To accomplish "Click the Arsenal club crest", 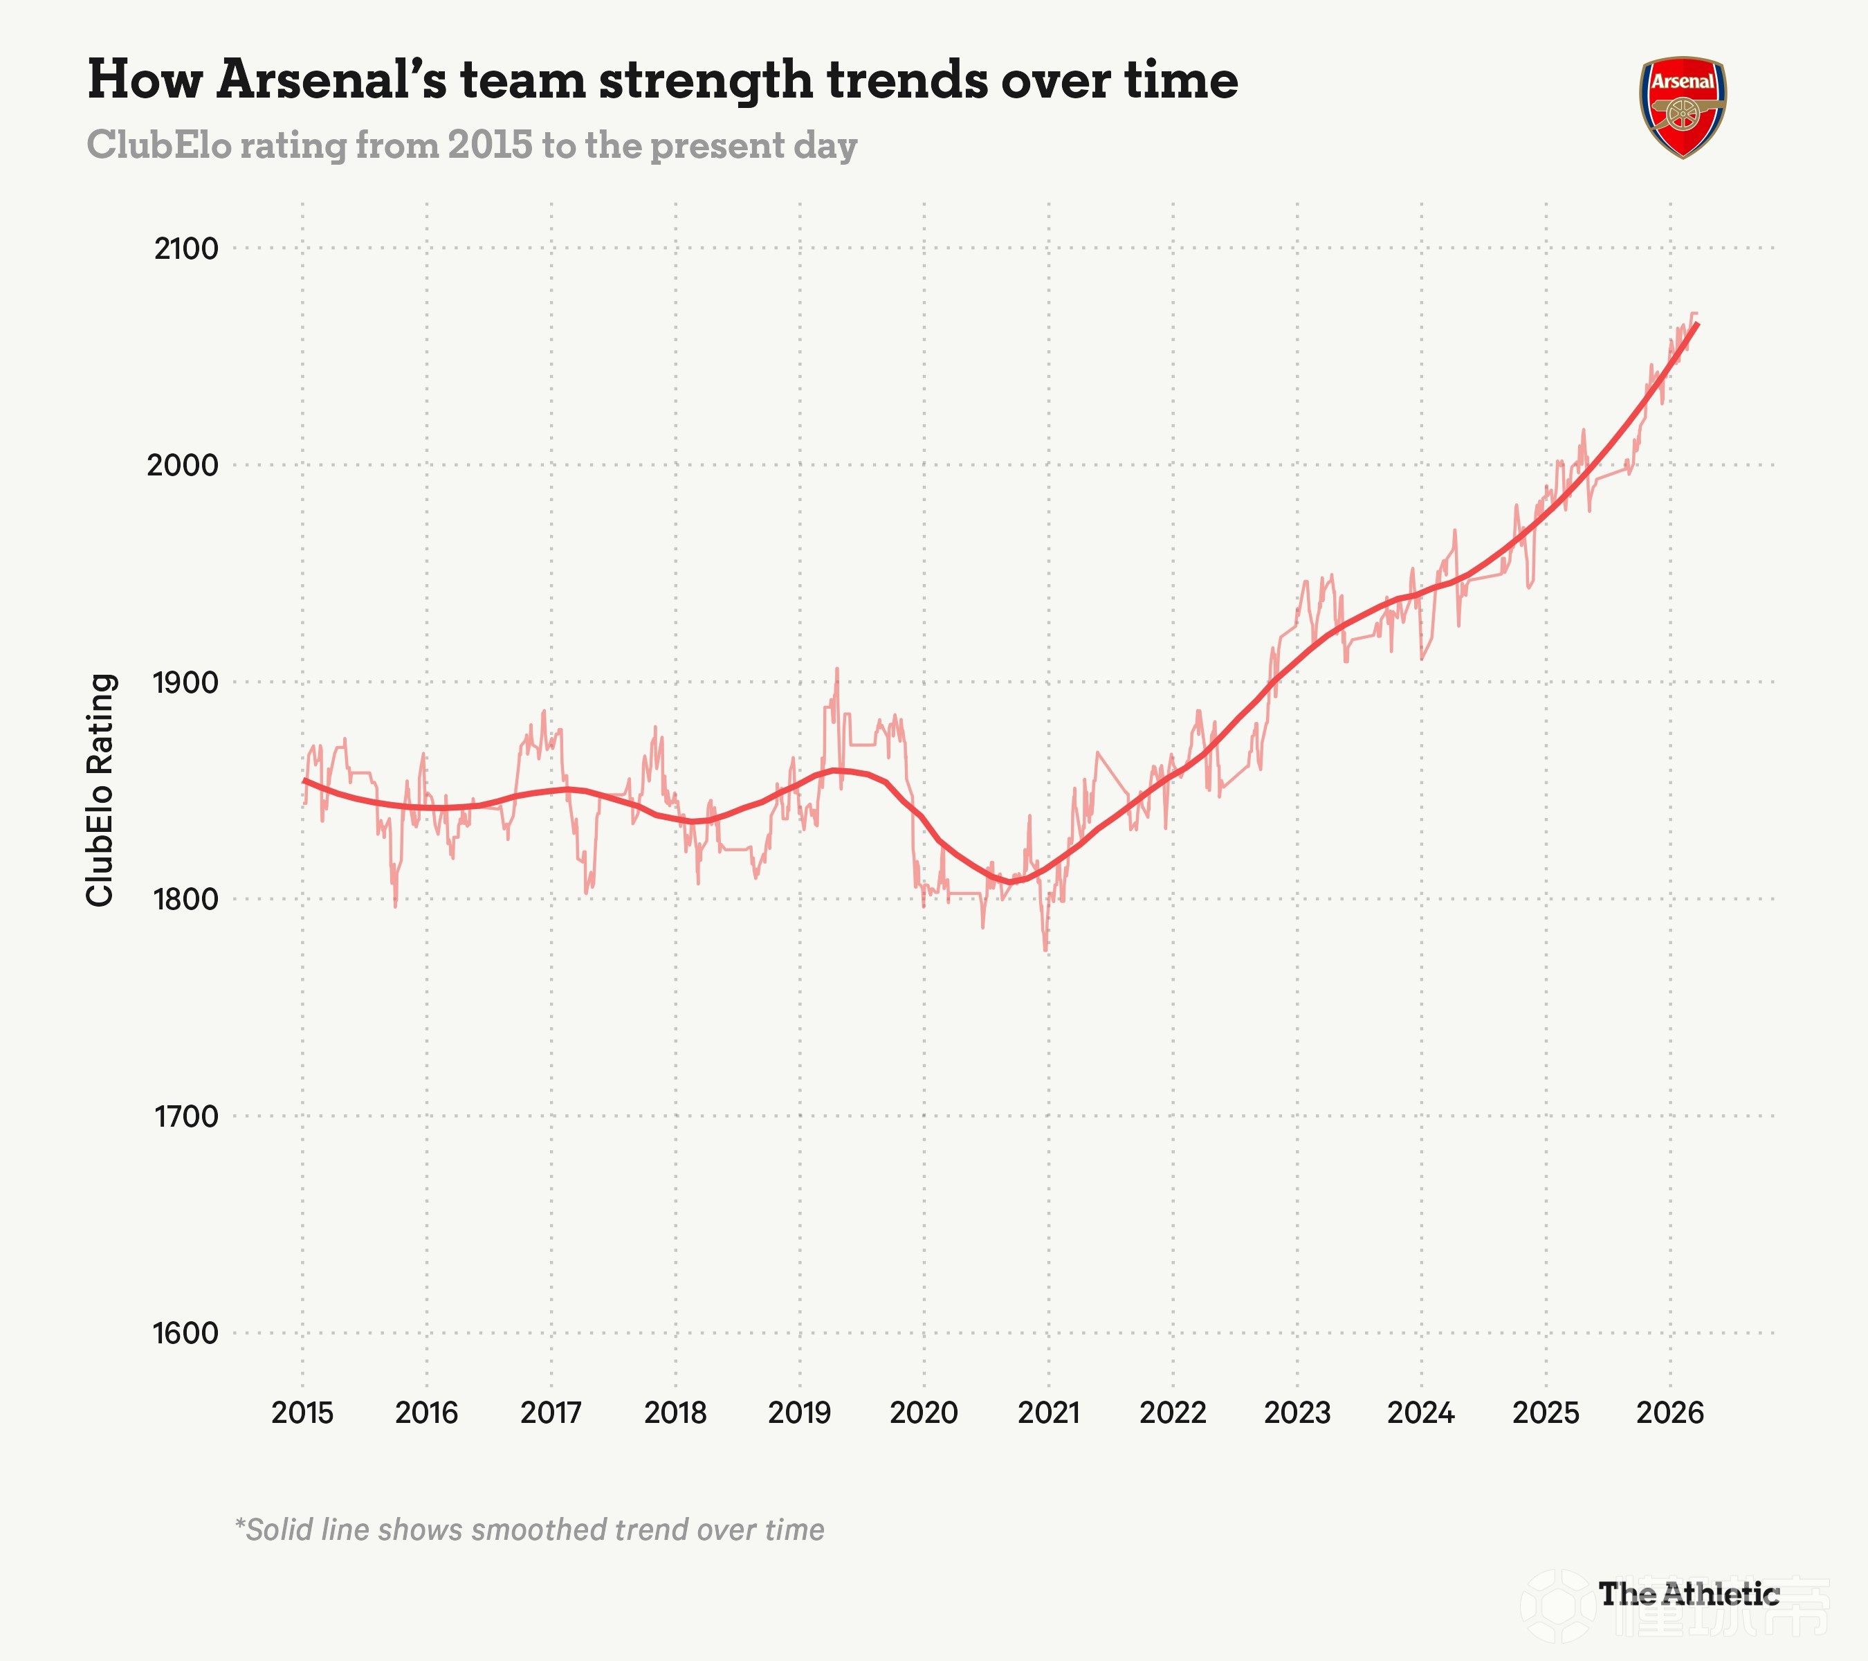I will coord(1683,107).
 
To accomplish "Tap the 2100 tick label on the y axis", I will coord(186,248).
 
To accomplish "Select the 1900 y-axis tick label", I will coord(185,682).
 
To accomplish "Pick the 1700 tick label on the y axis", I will coord(185,1116).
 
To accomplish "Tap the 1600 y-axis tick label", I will coord(185,1334).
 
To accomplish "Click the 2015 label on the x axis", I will coord(302,1413).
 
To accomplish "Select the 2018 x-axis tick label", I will coord(675,1413).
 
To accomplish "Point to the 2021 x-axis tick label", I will coord(1048,1413).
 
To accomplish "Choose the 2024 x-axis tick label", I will coord(1421,1413).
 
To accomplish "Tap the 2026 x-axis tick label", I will coord(1669,1413).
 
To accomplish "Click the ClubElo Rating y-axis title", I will coord(100,791).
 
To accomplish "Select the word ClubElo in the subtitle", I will coord(159,145).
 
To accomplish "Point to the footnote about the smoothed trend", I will coord(529,1530).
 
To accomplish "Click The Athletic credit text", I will coord(1689,1595).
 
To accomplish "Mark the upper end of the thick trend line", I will coord(1697,324).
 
